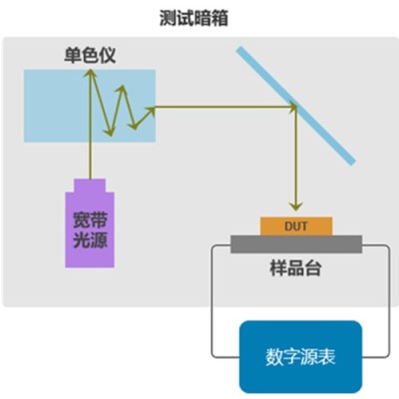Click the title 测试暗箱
194,18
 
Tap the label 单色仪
90,55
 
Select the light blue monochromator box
90,106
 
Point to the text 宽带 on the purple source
90,219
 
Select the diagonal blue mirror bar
295,106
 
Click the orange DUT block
296,226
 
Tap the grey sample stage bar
296,244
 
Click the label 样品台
295,268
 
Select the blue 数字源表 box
300,357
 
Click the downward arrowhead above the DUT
295,206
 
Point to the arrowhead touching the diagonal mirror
292,107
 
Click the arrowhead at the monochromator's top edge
90,73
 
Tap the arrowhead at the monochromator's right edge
151,110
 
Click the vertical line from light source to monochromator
90,124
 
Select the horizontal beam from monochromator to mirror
225,107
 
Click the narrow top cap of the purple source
90,186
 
